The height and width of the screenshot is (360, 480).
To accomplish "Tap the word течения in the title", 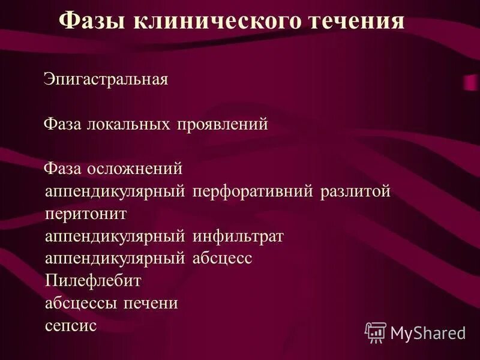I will pos(356,22).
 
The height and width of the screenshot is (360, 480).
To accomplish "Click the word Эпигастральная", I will pos(106,80).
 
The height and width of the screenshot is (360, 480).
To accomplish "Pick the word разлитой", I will pos(355,191).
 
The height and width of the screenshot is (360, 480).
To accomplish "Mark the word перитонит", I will pos(86,214).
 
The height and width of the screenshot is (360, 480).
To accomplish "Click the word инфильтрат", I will pos(238,236).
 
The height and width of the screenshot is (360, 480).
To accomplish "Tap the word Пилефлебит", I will pos(93,281).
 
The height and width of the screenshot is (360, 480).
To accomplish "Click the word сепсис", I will pos(71,326).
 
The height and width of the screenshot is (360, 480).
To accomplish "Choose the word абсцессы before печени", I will pos(82,303).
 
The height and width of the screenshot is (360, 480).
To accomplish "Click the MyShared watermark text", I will pos(428,332).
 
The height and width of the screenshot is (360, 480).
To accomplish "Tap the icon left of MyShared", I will pos(376,332).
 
